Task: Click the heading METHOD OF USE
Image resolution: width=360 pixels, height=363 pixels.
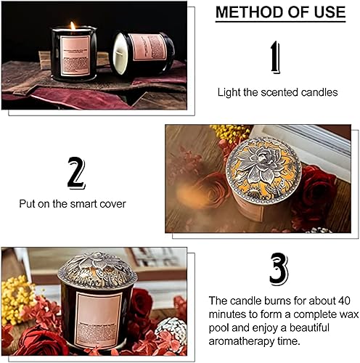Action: (x=280, y=13)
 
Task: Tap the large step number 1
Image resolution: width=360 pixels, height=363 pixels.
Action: (x=275, y=57)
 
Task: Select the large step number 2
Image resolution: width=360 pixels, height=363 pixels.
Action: (x=75, y=173)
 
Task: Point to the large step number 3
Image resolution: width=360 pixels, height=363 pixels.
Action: (x=278, y=270)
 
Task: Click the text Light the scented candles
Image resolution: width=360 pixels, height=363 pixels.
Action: (x=277, y=92)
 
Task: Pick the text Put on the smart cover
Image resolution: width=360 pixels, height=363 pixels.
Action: (x=75, y=204)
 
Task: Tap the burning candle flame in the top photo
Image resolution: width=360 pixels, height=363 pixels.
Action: (x=73, y=27)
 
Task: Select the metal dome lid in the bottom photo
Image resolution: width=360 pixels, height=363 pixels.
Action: (x=97, y=270)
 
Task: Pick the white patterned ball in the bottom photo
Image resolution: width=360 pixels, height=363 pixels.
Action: (x=170, y=330)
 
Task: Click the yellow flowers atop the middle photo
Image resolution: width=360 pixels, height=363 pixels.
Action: (x=230, y=133)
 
